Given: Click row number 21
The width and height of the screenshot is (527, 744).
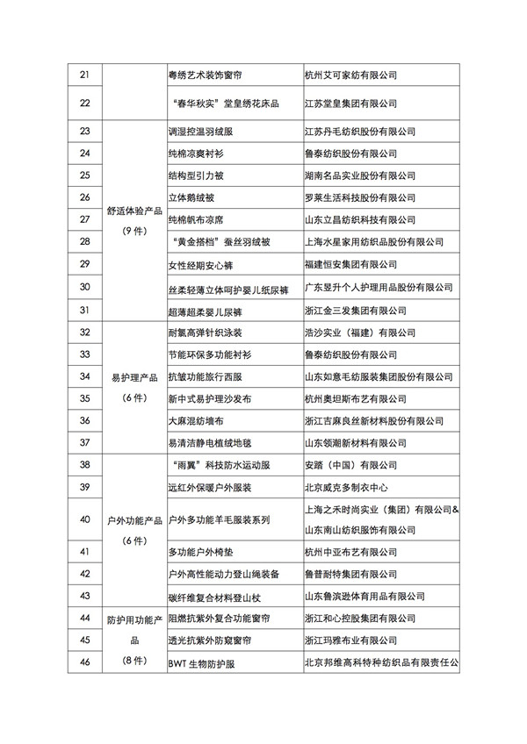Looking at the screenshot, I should coord(85,75).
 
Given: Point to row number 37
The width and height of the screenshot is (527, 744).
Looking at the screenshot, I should coord(85,442).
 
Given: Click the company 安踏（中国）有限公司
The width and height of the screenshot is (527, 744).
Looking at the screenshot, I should coord(350,465).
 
